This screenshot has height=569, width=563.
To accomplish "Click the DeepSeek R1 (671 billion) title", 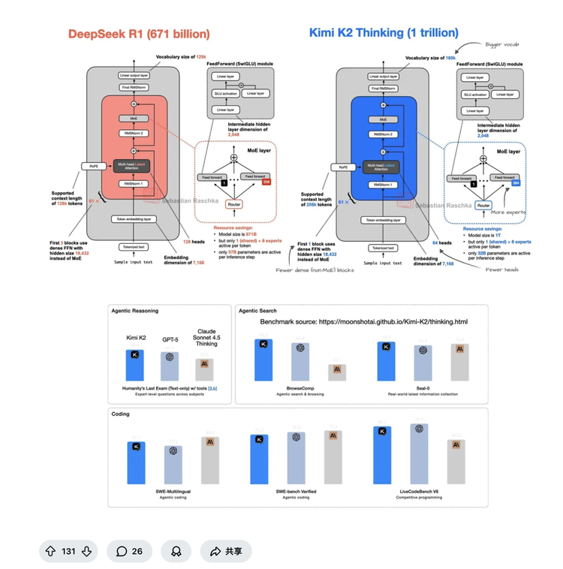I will pos(139,34).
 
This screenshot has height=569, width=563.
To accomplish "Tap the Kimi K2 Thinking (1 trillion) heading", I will pos(384,32).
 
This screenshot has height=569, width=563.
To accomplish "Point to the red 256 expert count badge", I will pos(265,181).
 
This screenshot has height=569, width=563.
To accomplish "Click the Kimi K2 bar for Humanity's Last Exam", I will pos(136,365).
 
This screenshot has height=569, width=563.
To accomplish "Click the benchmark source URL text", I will pos(363,322).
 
